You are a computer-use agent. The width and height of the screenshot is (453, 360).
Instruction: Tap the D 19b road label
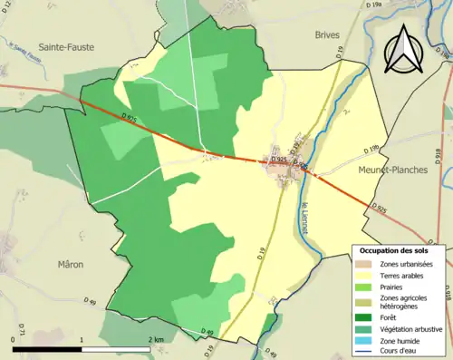371,150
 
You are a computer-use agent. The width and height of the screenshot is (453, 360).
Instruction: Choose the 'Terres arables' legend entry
403,275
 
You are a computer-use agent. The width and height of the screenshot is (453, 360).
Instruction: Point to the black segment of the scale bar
48,348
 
